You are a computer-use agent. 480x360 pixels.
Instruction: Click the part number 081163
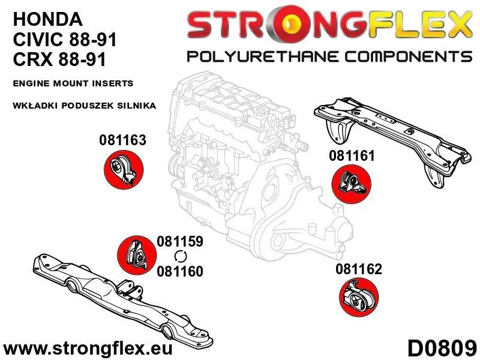(122, 140)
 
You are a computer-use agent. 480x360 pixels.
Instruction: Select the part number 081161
(352, 156)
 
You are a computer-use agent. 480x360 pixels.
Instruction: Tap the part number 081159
(180, 241)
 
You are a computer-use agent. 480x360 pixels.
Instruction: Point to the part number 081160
(180, 271)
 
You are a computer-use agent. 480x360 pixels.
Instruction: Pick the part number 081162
(359, 269)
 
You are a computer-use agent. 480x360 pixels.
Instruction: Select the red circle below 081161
(352, 184)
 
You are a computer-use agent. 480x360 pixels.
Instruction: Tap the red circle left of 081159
(137, 255)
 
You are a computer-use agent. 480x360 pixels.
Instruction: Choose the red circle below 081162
(359, 297)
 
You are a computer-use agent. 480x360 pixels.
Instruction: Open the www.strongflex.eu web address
(88, 349)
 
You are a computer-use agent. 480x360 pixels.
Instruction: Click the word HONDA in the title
(48, 19)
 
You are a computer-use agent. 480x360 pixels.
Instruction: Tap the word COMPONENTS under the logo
(409, 57)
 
